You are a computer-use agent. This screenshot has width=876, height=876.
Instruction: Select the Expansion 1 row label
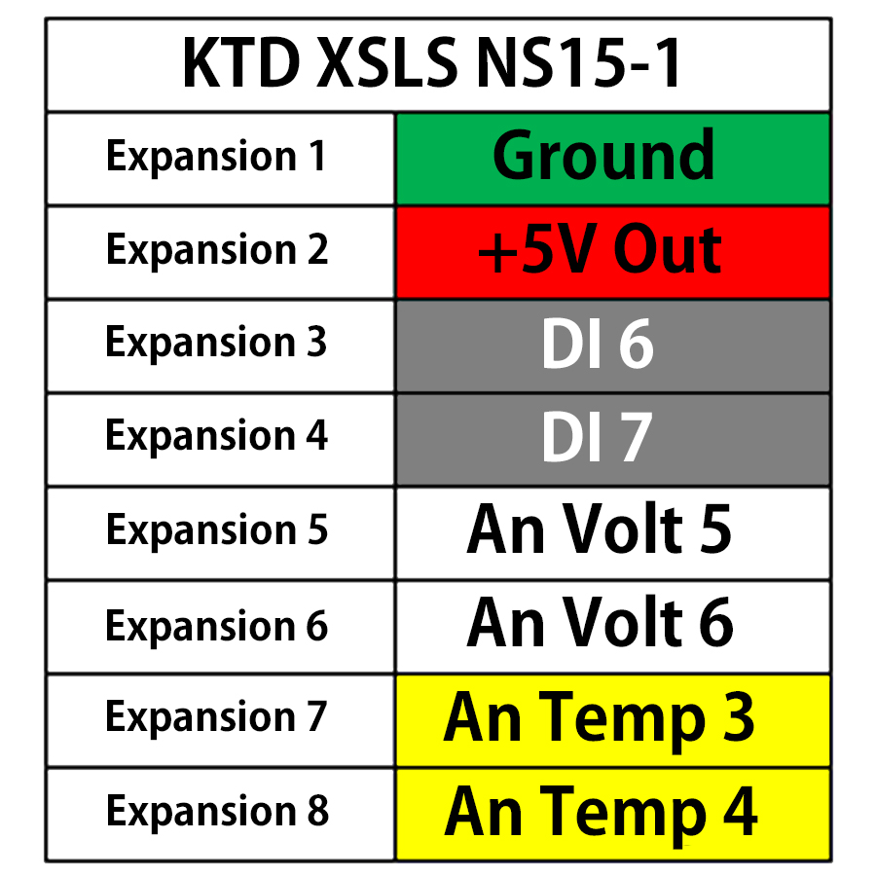pos(216,157)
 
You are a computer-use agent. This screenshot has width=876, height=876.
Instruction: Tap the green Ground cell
pos(612,158)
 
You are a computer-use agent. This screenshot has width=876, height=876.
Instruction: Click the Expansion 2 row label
pos(216,250)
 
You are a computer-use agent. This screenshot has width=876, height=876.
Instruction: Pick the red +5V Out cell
pos(612,251)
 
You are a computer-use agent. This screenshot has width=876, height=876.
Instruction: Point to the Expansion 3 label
pos(216,343)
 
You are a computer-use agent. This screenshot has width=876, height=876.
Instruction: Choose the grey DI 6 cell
pos(612,346)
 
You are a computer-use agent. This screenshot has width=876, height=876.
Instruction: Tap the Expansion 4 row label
pos(216,436)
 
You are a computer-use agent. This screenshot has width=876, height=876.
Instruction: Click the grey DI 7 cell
pos(612,439)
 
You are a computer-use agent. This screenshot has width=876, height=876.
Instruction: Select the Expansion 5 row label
pos(216,530)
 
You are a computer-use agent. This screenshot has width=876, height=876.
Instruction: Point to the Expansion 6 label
pos(216,625)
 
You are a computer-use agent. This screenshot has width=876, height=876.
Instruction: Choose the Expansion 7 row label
pos(216,717)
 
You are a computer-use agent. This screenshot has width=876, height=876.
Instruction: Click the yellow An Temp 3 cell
pos(612,719)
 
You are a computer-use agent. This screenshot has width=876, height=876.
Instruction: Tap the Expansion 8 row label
pos(216,812)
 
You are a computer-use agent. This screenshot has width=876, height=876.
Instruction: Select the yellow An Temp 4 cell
pos(612,813)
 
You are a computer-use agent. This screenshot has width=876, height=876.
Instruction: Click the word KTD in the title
pos(241,65)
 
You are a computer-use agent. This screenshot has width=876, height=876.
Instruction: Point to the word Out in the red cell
pos(668,251)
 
